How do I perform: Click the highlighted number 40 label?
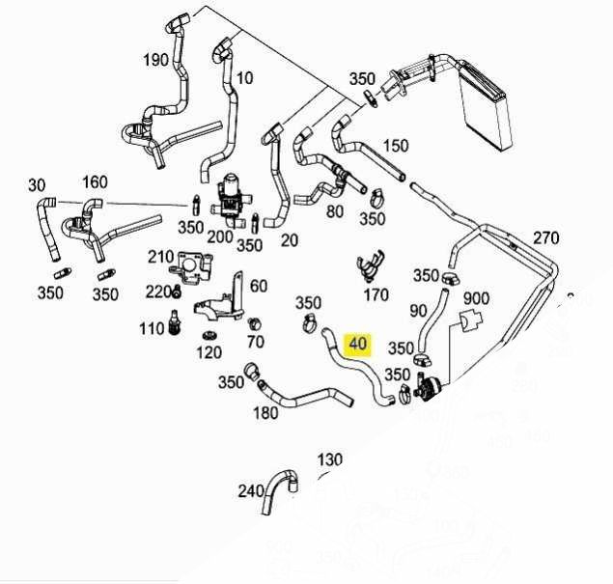tap(358, 344)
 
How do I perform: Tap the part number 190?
tap(155, 59)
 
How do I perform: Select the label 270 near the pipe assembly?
tap(546, 237)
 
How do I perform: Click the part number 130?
tap(330, 459)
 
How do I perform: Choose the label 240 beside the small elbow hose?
tap(250, 490)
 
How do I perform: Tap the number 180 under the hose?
tap(265, 414)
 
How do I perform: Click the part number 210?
tap(160, 257)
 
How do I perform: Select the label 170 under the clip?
tap(376, 294)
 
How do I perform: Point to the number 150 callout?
tap(396, 146)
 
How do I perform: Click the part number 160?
tap(95, 181)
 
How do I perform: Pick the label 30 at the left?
tap(37, 184)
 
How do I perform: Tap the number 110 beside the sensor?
tap(152, 328)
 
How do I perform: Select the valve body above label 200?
tap(231, 192)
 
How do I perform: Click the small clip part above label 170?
tap(368, 265)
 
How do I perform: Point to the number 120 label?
tap(209, 352)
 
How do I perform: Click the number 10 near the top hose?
tap(244, 77)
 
